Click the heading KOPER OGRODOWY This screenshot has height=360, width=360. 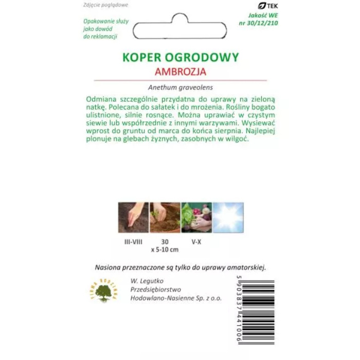click(180, 57)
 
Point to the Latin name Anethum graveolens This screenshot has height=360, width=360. click(180, 87)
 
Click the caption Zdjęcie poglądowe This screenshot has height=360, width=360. click(105, 5)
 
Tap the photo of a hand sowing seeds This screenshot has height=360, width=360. click(133, 217)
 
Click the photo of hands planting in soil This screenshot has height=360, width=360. click(165, 217)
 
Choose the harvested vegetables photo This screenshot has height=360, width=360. click(196, 217)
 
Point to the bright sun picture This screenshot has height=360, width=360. click(228, 217)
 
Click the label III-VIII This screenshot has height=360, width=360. click(133, 241)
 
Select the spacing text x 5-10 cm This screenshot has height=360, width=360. click(165, 250)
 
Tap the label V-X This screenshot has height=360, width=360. click(196, 241)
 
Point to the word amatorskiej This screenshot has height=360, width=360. click(246, 267)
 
